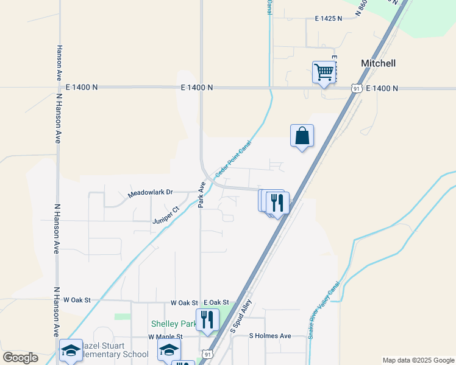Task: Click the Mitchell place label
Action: click(x=378, y=63)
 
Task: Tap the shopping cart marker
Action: click(x=324, y=72)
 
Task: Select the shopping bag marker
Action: click(x=302, y=136)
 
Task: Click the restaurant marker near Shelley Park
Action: click(x=208, y=320)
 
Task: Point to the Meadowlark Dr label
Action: click(x=150, y=194)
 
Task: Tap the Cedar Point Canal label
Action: click(x=233, y=159)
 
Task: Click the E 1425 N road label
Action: click(x=329, y=19)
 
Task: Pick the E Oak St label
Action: click(x=216, y=302)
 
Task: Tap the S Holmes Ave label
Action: click(x=270, y=336)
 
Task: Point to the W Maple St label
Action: click(x=165, y=336)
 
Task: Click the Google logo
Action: click(x=20, y=358)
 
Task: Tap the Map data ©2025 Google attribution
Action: click(x=418, y=360)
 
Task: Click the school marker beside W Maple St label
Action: click(x=169, y=350)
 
